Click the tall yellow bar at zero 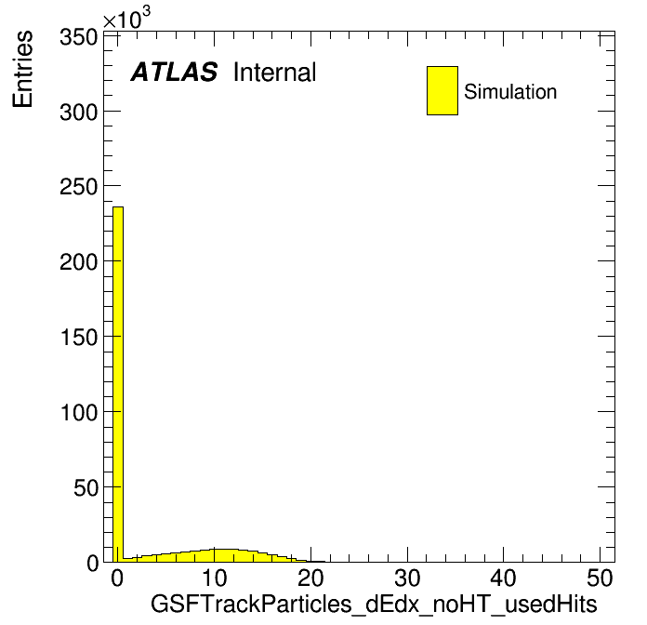(x=118, y=384)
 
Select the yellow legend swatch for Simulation (x=442, y=90)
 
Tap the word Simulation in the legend (x=510, y=91)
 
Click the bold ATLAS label (x=174, y=72)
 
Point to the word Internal (x=275, y=72)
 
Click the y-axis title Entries (x=22, y=69)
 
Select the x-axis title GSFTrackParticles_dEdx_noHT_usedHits (x=374, y=604)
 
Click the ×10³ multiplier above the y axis (x=126, y=19)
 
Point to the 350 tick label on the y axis (x=78, y=37)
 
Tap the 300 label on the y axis (x=78, y=112)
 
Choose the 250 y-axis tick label (x=78, y=187)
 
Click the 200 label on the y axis (x=78, y=261)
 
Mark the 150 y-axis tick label (x=78, y=337)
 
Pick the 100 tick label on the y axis (x=78, y=412)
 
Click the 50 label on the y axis (x=86, y=487)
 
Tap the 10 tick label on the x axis (x=214, y=578)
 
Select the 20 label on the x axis (x=310, y=578)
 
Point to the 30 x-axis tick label (x=407, y=578)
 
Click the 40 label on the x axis (x=504, y=578)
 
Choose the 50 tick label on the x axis (x=600, y=578)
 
